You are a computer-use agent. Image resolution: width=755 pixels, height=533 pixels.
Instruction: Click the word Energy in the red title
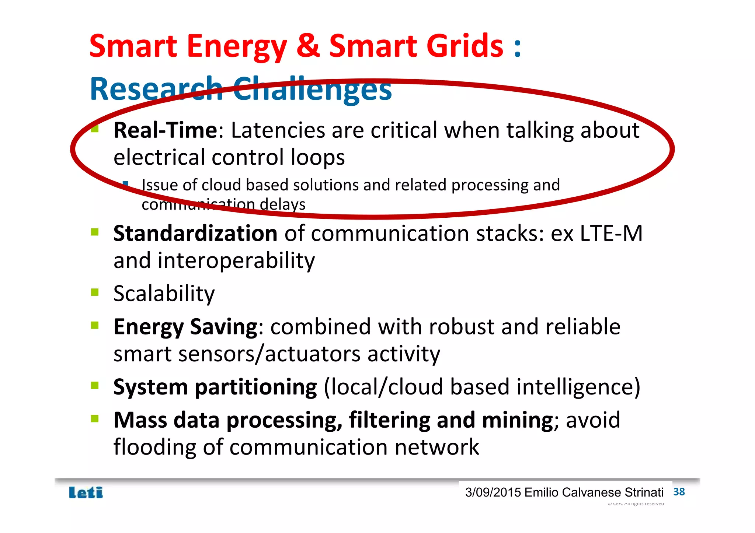[237, 47]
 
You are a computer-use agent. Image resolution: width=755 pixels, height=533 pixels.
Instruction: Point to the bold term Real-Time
[166, 130]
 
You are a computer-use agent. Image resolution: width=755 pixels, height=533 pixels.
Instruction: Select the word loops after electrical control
[317, 158]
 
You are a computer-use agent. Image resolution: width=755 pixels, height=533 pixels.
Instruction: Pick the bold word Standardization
[195, 234]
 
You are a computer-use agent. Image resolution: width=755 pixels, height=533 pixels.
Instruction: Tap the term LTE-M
[611, 234]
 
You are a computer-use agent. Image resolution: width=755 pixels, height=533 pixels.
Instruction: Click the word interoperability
[236, 261]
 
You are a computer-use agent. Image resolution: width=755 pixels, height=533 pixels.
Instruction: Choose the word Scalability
[164, 294]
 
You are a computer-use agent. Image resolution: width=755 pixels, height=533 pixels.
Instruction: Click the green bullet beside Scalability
[95, 292]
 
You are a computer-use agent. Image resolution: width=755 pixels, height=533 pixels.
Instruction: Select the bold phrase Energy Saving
[185, 327]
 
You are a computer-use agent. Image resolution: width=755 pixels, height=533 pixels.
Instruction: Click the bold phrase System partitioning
[215, 387]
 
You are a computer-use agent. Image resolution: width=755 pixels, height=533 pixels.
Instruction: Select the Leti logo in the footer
[86, 492]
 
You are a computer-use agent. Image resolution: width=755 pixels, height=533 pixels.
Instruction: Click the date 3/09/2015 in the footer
[493, 492]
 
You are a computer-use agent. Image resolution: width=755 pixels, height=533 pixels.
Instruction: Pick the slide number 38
[679, 492]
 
